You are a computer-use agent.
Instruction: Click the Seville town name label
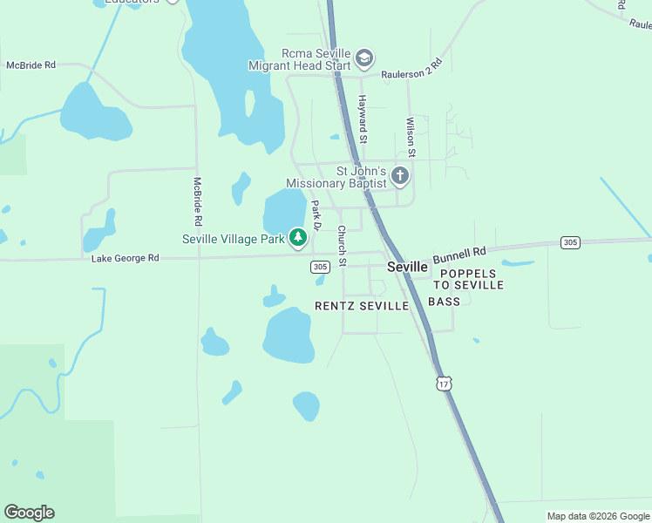(407, 267)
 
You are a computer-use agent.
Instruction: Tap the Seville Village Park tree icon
(298, 237)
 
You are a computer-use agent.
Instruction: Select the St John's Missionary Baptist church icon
(399, 176)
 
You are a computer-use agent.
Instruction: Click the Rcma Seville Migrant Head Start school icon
(363, 59)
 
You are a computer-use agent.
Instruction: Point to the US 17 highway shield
(445, 384)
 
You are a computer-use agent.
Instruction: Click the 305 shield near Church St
(320, 268)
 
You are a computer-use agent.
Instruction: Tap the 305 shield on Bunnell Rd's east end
(570, 241)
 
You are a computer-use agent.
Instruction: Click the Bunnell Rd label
(458, 255)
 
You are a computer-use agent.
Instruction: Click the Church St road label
(343, 246)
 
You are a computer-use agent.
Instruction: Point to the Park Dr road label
(317, 215)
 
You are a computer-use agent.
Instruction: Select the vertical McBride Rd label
(198, 200)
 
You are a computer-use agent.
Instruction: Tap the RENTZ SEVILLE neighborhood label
(362, 306)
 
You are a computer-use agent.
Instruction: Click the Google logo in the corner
(29, 513)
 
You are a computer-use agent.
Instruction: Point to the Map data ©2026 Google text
(598, 516)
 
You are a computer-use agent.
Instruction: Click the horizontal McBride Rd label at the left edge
(31, 65)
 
